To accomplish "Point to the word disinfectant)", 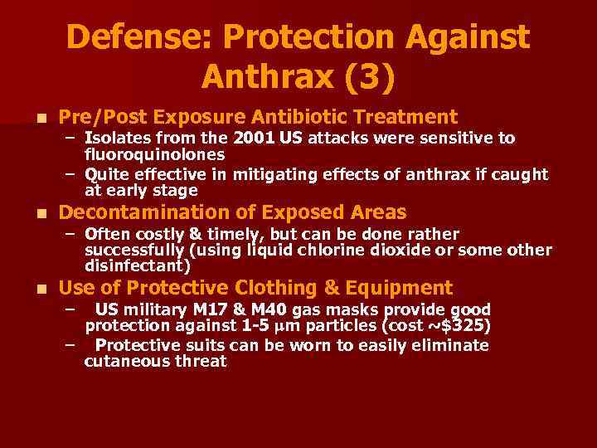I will [x=138, y=266].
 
